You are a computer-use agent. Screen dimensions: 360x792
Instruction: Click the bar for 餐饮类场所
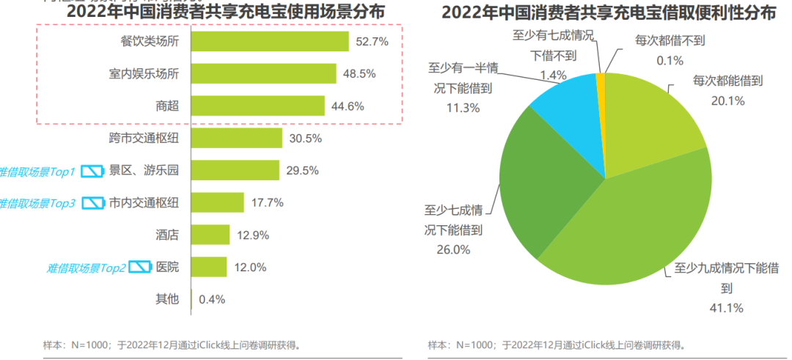269,41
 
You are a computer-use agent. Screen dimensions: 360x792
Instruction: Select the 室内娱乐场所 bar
263,73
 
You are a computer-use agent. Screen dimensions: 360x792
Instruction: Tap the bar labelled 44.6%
257,106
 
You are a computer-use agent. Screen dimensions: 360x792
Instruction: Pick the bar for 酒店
209,235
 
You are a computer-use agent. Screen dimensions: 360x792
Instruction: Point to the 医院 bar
208,267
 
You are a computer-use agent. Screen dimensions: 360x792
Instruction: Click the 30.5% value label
305,139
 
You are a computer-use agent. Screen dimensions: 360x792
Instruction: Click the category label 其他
167,299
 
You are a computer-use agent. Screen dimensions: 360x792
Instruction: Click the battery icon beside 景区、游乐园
92,171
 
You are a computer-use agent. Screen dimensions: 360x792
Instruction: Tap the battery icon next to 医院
139,267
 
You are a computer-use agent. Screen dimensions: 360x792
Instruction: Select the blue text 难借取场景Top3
37,203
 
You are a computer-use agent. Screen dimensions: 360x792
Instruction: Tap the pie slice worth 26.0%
535,183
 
